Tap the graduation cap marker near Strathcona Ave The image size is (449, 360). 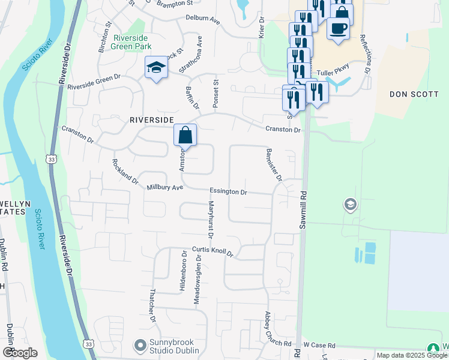click(x=155, y=68)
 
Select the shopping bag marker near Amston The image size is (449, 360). click(x=185, y=135)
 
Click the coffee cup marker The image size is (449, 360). click(x=339, y=28)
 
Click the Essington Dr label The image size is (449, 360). click(x=228, y=192)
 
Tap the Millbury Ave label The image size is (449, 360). click(x=164, y=188)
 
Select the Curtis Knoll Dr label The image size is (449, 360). click(x=212, y=252)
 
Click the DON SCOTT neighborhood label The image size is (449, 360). click(x=414, y=94)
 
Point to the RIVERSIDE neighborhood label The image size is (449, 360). click(x=151, y=120)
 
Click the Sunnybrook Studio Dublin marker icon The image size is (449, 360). click(x=140, y=345)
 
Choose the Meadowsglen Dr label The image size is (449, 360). click(x=197, y=279)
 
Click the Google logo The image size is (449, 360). click(x=20, y=353)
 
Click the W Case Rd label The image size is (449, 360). click(x=319, y=345)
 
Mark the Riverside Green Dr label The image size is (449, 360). click(x=94, y=82)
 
